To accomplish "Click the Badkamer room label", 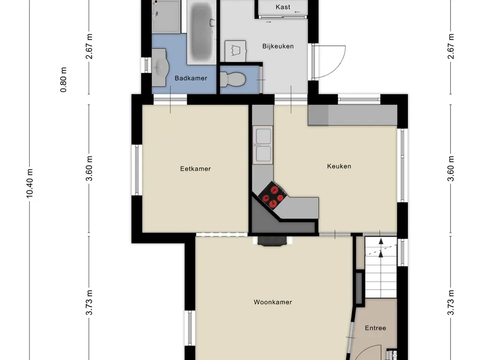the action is [x=191, y=78].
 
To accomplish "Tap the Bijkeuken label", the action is [x=278, y=46].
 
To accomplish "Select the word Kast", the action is [x=283, y=7].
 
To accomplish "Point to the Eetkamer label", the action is [x=195, y=169].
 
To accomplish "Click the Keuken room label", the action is [x=339, y=166].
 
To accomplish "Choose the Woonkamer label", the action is [x=273, y=302].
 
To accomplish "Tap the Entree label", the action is [x=375, y=328].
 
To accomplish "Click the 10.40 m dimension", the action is [x=30, y=183].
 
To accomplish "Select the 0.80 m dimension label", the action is [x=63, y=80].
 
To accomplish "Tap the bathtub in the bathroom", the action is [x=202, y=32].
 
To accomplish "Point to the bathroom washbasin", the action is [x=161, y=67].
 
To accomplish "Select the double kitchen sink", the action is [x=262, y=145].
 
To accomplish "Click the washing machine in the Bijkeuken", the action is [x=235, y=51].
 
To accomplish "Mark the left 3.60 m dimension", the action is [x=89, y=169].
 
